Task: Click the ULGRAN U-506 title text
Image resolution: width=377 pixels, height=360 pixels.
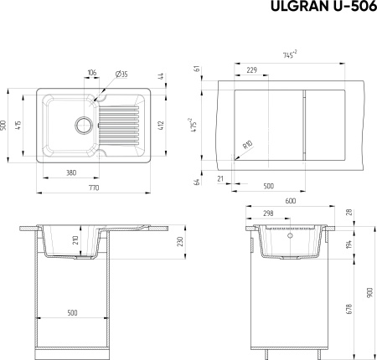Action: click(x=324, y=7)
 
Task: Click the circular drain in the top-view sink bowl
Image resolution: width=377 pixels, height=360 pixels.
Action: click(x=83, y=125)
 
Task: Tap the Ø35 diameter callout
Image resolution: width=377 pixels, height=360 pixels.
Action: click(x=121, y=75)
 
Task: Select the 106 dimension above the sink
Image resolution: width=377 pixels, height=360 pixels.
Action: click(x=92, y=73)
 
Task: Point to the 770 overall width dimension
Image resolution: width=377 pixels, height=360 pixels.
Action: click(x=94, y=188)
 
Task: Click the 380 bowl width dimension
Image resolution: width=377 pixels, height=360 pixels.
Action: click(x=71, y=173)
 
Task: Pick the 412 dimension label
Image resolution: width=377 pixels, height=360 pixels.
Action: click(x=161, y=125)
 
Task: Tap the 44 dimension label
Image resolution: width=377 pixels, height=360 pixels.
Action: click(x=161, y=76)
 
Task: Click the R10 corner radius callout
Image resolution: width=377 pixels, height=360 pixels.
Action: click(x=248, y=145)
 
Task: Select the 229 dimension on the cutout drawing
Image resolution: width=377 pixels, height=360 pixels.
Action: click(x=251, y=69)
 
